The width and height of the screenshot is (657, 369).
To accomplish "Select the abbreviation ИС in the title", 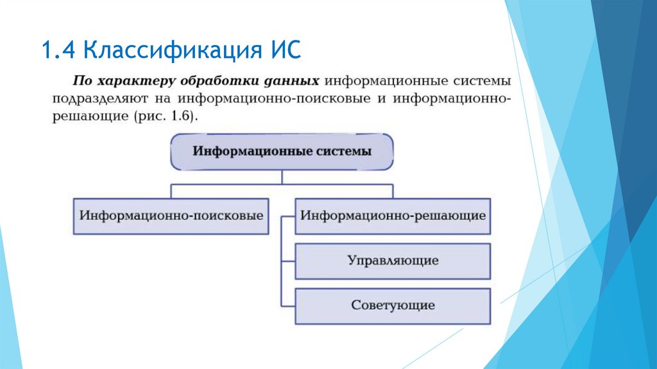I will (x=284, y=50).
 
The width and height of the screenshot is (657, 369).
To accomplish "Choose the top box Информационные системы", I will (x=282, y=152).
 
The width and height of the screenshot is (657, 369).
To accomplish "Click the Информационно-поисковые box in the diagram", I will (x=171, y=215).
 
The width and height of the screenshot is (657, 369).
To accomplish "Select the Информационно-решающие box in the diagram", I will (x=393, y=215).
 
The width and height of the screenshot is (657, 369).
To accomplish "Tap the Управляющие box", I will (x=393, y=260).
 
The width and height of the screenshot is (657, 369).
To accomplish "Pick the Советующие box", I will (x=393, y=305).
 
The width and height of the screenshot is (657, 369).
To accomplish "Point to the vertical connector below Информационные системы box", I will (x=282, y=177).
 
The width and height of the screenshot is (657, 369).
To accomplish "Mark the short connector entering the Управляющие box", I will (x=288, y=260).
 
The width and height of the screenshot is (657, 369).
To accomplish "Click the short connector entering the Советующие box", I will (x=288, y=305).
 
